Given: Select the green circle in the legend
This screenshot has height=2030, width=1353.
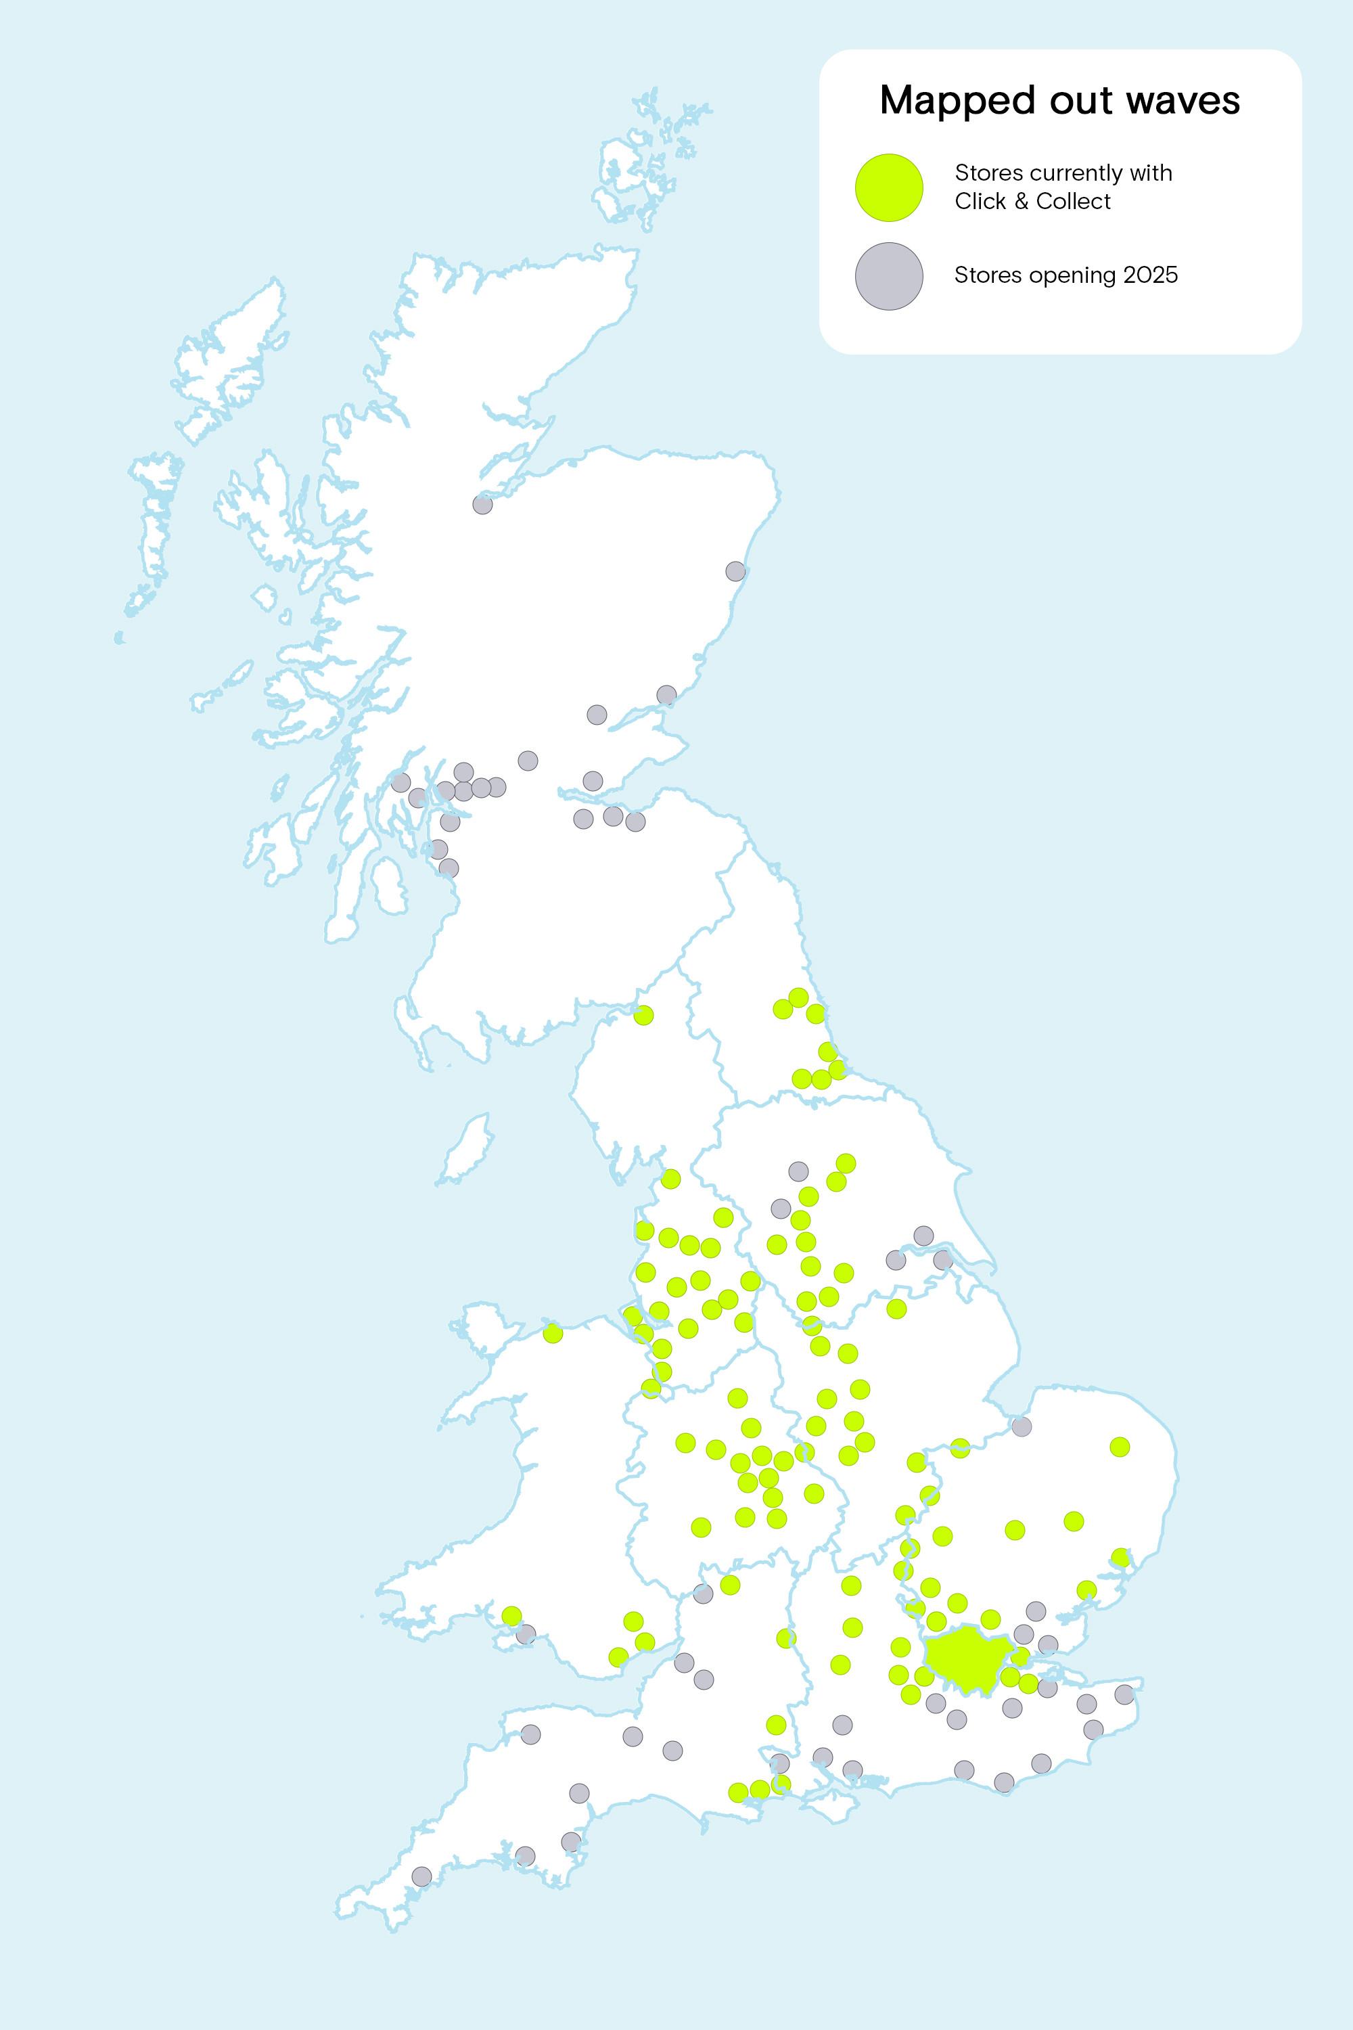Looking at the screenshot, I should (x=889, y=187).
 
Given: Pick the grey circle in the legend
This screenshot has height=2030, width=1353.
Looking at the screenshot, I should (x=889, y=276).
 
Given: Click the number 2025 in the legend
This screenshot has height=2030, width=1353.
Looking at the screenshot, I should (x=1149, y=275).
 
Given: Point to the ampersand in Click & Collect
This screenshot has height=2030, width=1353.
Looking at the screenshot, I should (x=1020, y=201).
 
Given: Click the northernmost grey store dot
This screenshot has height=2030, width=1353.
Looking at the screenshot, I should (x=482, y=504).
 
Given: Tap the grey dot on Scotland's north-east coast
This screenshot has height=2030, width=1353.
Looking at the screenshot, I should (x=735, y=570).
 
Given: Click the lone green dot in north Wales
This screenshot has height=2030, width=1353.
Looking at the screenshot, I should (x=552, y=1334).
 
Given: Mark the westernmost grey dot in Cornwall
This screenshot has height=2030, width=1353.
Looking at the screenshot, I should (x=421, y=1876).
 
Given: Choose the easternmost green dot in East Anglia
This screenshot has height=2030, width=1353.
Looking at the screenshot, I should (x=1119, y=1447).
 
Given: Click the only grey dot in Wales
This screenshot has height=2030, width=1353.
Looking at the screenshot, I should (x=526, y=1634).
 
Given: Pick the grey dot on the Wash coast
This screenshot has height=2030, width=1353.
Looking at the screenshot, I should (x=1021, y=1426).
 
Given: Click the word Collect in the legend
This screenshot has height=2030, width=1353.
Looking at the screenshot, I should (x=1074, y=201).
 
